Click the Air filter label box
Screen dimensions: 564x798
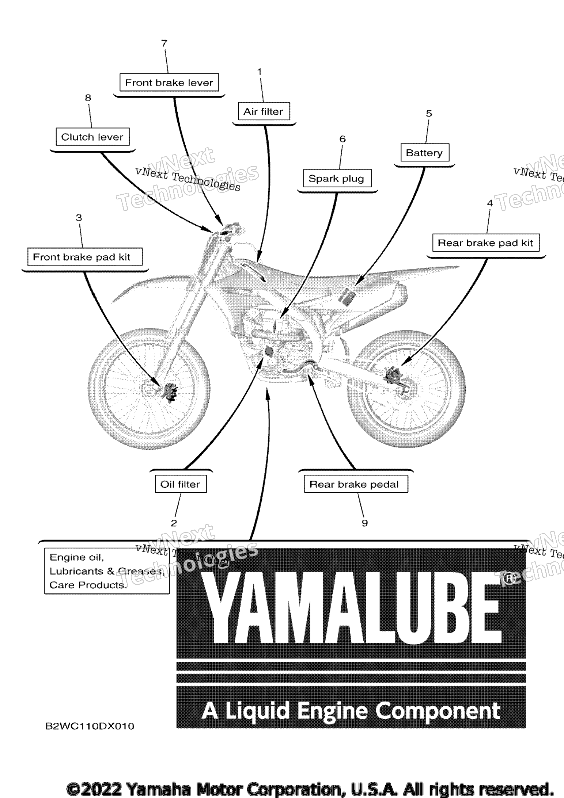pos(264,111)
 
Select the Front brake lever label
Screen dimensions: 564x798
pos(169,82)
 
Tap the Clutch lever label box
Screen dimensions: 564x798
pos(92,137)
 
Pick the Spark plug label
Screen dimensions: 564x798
pos(337,178)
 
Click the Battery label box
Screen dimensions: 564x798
pos(424,152)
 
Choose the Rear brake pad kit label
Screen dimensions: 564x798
pos(486,243)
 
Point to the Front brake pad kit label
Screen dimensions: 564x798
pos(85,257)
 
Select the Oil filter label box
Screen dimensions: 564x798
pos(181,484)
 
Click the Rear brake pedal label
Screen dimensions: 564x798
pos(356,484)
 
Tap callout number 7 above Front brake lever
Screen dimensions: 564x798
pos(164,43)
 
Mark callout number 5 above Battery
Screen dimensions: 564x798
pos(429,114)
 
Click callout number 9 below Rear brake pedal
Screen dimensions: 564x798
pos(364,523)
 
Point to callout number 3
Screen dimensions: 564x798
pos(79,218)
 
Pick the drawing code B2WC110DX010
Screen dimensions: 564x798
pos(90,726)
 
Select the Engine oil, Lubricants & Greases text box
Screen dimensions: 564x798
pos(107,571)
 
